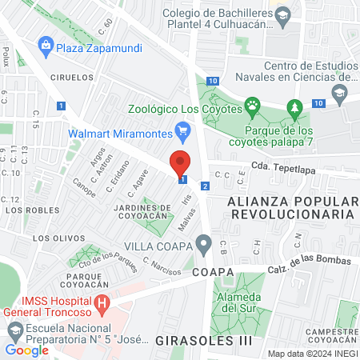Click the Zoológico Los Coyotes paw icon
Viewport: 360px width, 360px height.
pos(253,105)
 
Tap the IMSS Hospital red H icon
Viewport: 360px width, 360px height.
pos(102,303)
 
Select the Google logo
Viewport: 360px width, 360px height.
pos(26,350)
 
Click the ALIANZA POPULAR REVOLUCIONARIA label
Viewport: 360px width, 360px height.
pos(290,207)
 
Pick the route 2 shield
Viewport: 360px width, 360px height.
pos(206,186)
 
